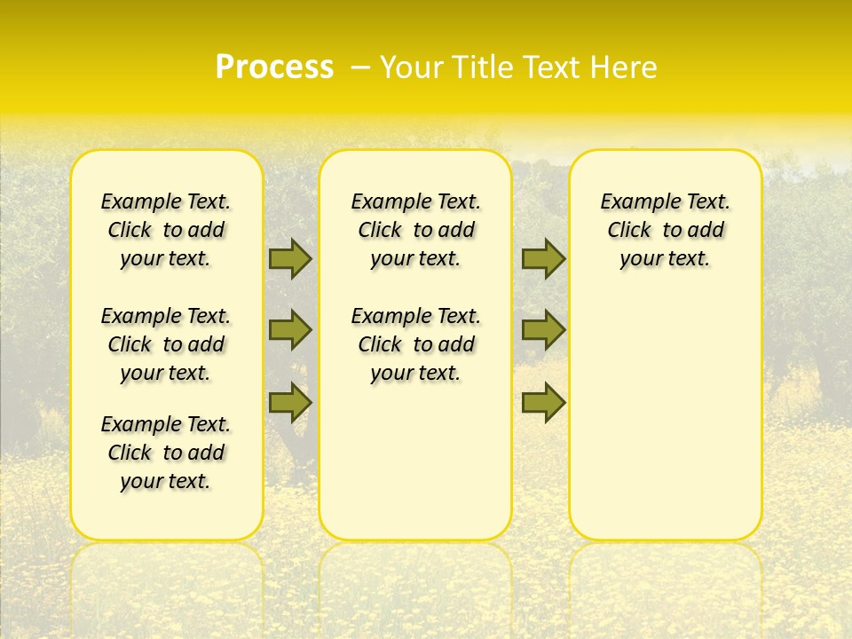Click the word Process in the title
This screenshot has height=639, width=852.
pyautogui.click(x=274, y=67)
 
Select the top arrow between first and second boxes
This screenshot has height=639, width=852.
pyautogui.click(x=290, y=258)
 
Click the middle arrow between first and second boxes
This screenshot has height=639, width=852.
pyautogui.click(x=290, y=330)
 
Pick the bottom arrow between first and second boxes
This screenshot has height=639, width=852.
pyautogui.click(x=290, y=402)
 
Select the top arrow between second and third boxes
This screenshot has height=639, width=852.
pyautogui.click(x=543, y=258)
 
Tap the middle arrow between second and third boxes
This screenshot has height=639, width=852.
pyautogui.click(x=543, y=330)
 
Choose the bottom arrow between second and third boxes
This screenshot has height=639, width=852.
pyautogui.click(x=543, y=402)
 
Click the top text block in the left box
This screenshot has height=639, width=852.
pyautogui.click(x=166, y=230)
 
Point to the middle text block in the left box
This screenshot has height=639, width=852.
pyautogui.click(x=166, y=344)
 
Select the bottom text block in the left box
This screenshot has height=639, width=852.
pyautogui.click(x=166, y=453)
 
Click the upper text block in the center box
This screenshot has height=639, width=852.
pyautogui.click(x=415, y=230)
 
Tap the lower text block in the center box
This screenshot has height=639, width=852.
pyautogui.click(x=415, y=344)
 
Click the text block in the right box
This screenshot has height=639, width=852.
pyautogui.click(x=666, y=230)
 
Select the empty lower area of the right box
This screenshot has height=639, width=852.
pyautogui.click(x=666, y=417)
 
